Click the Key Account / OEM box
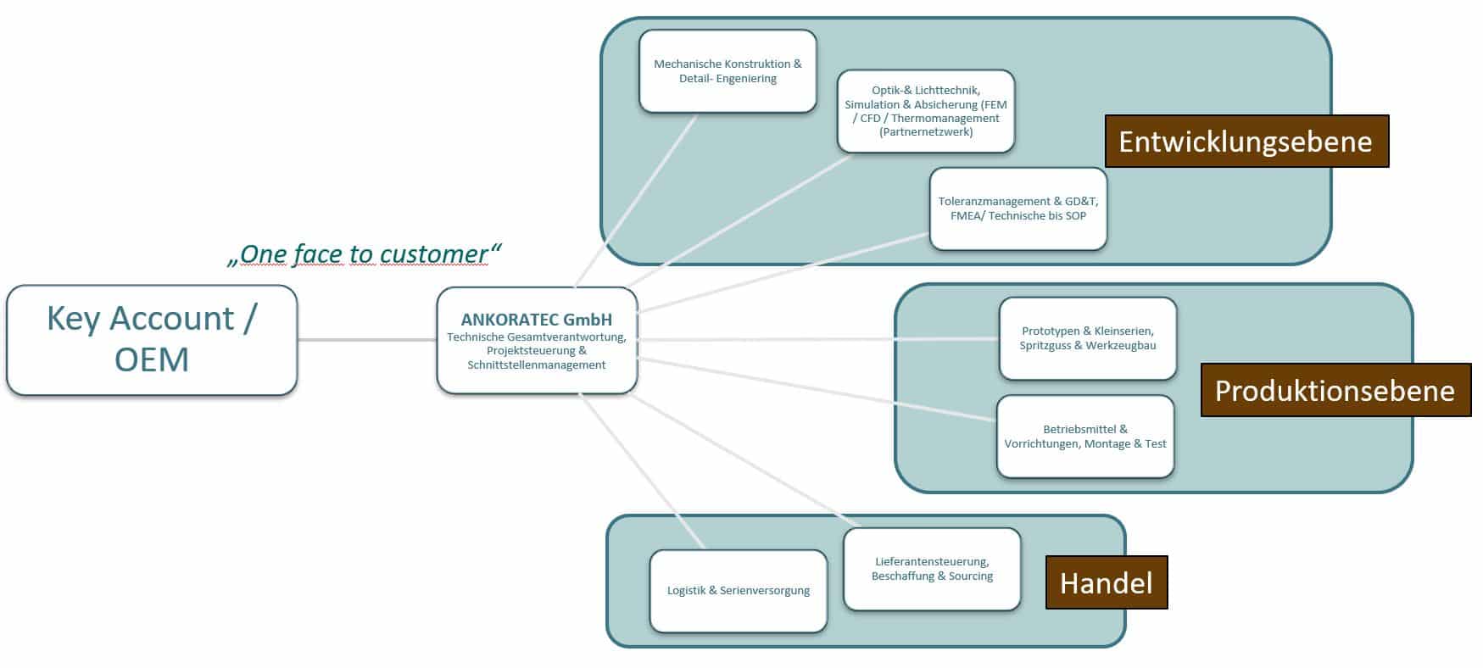[152, 340]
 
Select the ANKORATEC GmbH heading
[536, 320]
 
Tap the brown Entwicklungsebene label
[1246, 142]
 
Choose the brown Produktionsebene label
[1335, 391]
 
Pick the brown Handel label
[1106, 583]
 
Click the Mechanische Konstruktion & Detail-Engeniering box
[728, 71]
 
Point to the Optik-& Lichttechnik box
[925, 111]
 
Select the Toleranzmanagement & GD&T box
[1017, 209]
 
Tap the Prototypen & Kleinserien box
[1087, 338]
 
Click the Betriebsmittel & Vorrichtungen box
[1085, 437]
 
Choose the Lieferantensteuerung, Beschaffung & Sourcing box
[932, 569]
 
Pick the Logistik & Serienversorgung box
[738, 591]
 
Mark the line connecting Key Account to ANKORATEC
[366, 340]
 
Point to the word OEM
[152, 359]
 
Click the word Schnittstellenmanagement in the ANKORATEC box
[536, 365]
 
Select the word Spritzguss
[1045, 346]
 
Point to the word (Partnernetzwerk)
[926, 132]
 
